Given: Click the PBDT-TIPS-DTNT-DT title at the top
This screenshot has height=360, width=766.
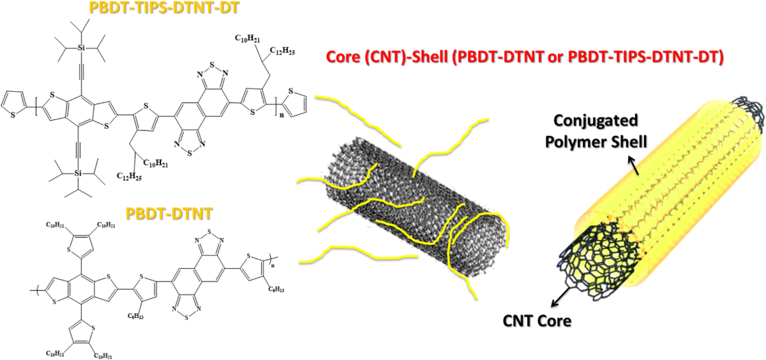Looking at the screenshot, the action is [129, 9].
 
